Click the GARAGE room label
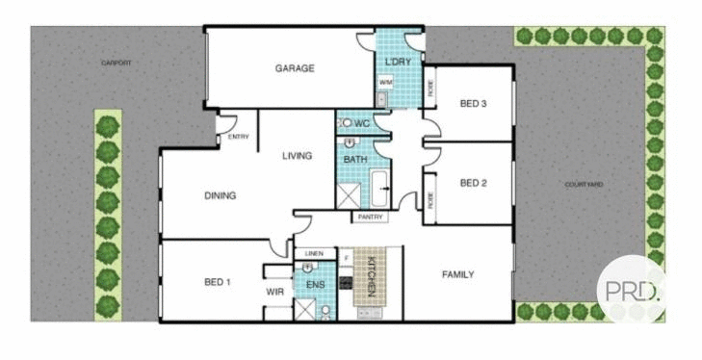(x=295, y=68)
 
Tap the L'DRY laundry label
(x=398, y=63)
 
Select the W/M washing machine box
(x=385, y=84)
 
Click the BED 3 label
(x=473, y=103)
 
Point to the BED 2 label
(x=473, y=183)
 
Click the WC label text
(x=362, y=124)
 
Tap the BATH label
(x=355, y=158)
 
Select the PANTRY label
(x=371, y=218)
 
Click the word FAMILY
(x=457, y=274)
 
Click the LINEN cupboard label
(x=314, y=254)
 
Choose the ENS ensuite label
(x=315, y=286)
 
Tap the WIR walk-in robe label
(x=273, y=290)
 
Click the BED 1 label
(x=217, y=282)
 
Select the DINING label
(x=221, y=195)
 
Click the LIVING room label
(x=297, y=155)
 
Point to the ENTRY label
(x=238, y=137)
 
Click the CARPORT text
(x=117, y=63)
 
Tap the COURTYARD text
(x=584, y=184)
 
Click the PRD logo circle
(x=630, y=290)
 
